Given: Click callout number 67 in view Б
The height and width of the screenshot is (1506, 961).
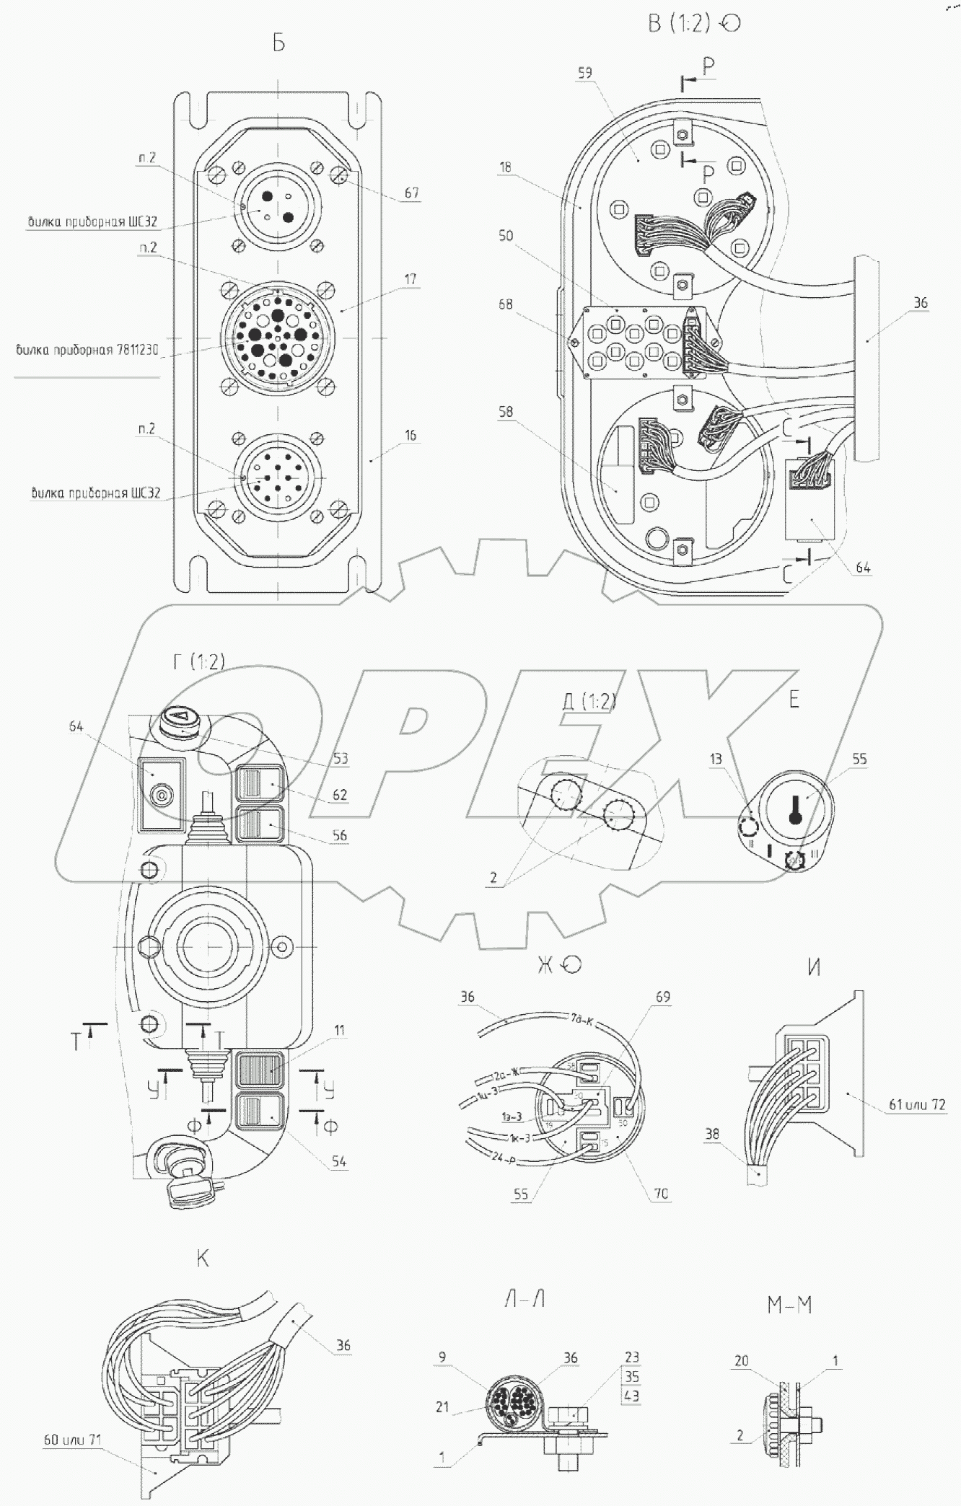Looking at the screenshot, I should click(x=411, y=193).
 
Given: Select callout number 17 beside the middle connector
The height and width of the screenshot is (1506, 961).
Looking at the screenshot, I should click(x=411, y=278).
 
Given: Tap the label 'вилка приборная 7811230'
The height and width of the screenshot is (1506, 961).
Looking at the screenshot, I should click(x=87, y=351).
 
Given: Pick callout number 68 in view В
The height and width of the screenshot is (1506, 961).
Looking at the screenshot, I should click(x=505, y=304).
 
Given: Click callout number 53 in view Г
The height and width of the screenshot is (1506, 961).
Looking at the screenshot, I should click(x=341, y=758).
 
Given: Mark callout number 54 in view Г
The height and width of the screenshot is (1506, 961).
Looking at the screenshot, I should click(x=338, y=1162).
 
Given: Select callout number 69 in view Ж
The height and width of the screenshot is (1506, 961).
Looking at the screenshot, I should click(x=662, y=998).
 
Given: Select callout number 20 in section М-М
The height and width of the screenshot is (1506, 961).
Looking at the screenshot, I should click(x=742, y=1361).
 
